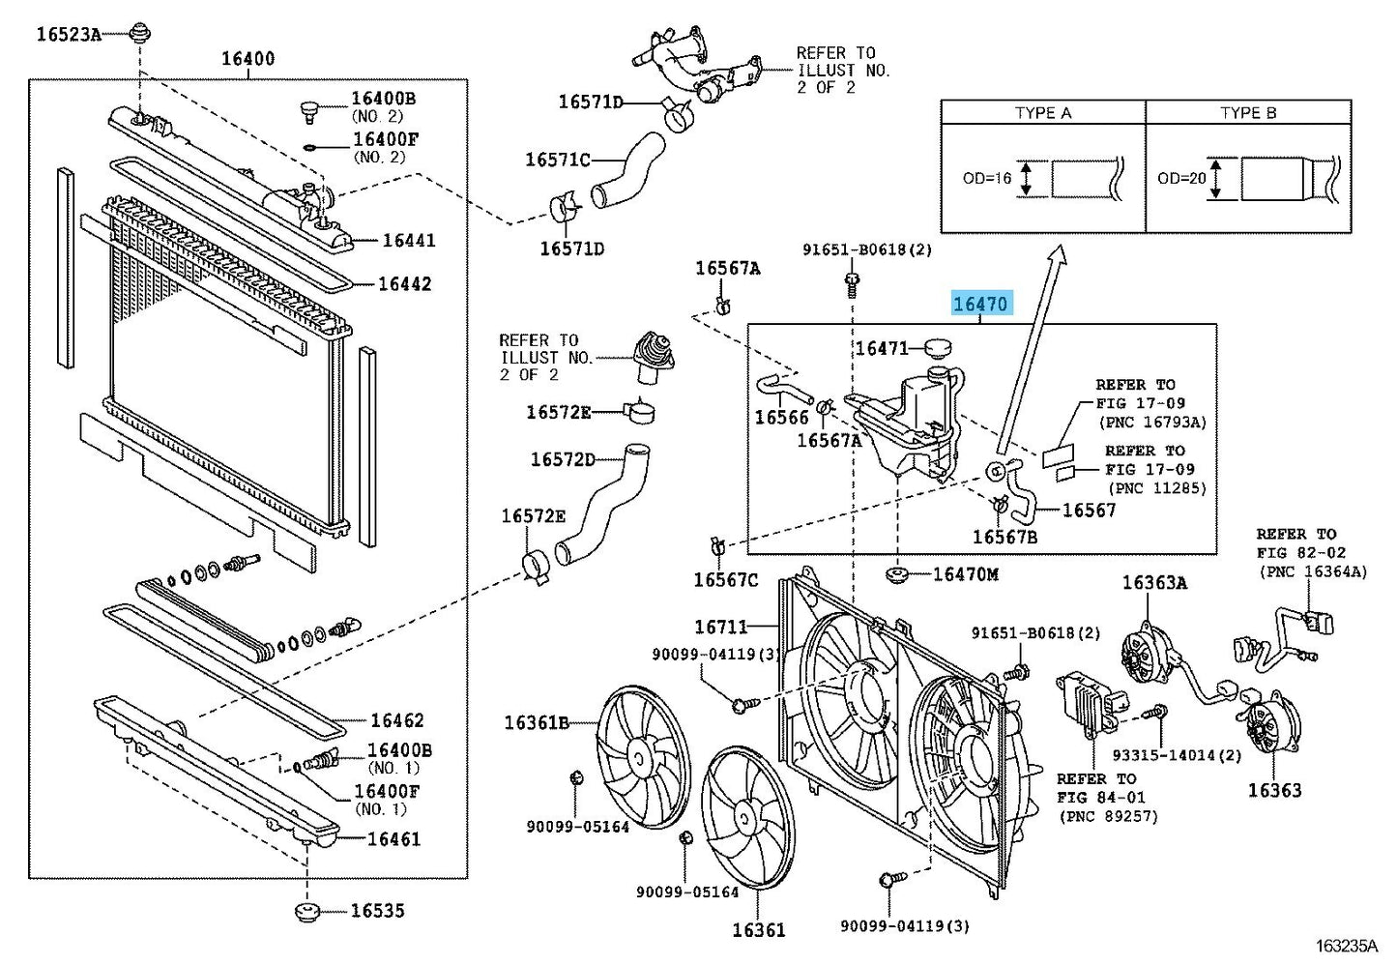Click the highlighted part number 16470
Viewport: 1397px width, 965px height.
click(979, 304)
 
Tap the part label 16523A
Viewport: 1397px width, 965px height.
click(69, 35)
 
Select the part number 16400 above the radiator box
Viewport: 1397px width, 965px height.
click(247, 58)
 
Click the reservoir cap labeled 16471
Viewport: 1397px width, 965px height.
click(938, 346)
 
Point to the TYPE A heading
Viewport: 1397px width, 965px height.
click(1042, 113)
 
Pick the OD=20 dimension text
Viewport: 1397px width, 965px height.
click(1181, 178)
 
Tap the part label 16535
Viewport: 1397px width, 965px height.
click(377, 910)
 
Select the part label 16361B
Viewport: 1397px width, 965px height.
click(537, 722)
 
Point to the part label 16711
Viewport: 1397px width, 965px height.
click(720, 628)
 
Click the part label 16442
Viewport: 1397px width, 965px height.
click(404, 283)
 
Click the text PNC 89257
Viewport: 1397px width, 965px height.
click(1108, 816)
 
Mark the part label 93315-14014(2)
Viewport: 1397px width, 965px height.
click(1177, 755)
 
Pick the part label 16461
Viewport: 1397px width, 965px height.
click(393, 838)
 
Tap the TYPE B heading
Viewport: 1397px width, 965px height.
click(1247, 113)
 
